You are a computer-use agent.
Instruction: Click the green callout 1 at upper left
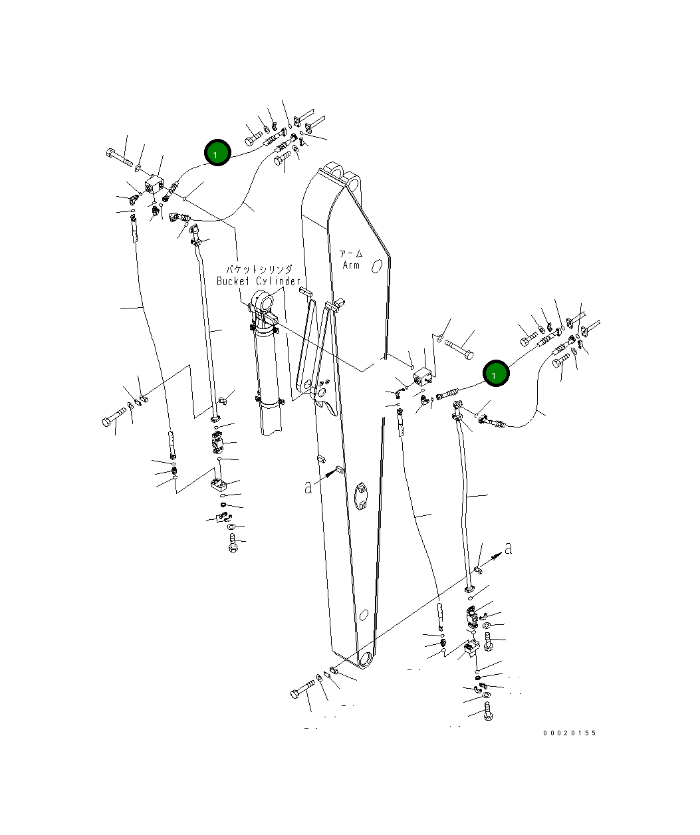coord(217,153)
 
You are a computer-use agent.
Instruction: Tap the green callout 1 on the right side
coord(495,374)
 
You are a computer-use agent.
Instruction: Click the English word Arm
coord(351,265)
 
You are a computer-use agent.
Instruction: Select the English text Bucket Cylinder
coord(259,281)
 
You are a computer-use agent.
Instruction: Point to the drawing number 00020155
coord(569,733)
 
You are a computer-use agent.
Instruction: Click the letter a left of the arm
coord(308,487)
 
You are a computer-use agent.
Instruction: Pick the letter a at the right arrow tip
coord(509,548)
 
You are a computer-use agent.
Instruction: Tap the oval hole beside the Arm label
coord(377,266)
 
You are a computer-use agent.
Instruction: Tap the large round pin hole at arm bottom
coord(366,661)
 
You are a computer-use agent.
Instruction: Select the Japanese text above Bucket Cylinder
coord(259,269)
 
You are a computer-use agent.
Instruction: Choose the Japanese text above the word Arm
coord(351,254)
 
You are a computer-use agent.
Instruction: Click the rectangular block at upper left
coord(155,184)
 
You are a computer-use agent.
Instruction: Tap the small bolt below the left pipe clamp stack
coord(233,544)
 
